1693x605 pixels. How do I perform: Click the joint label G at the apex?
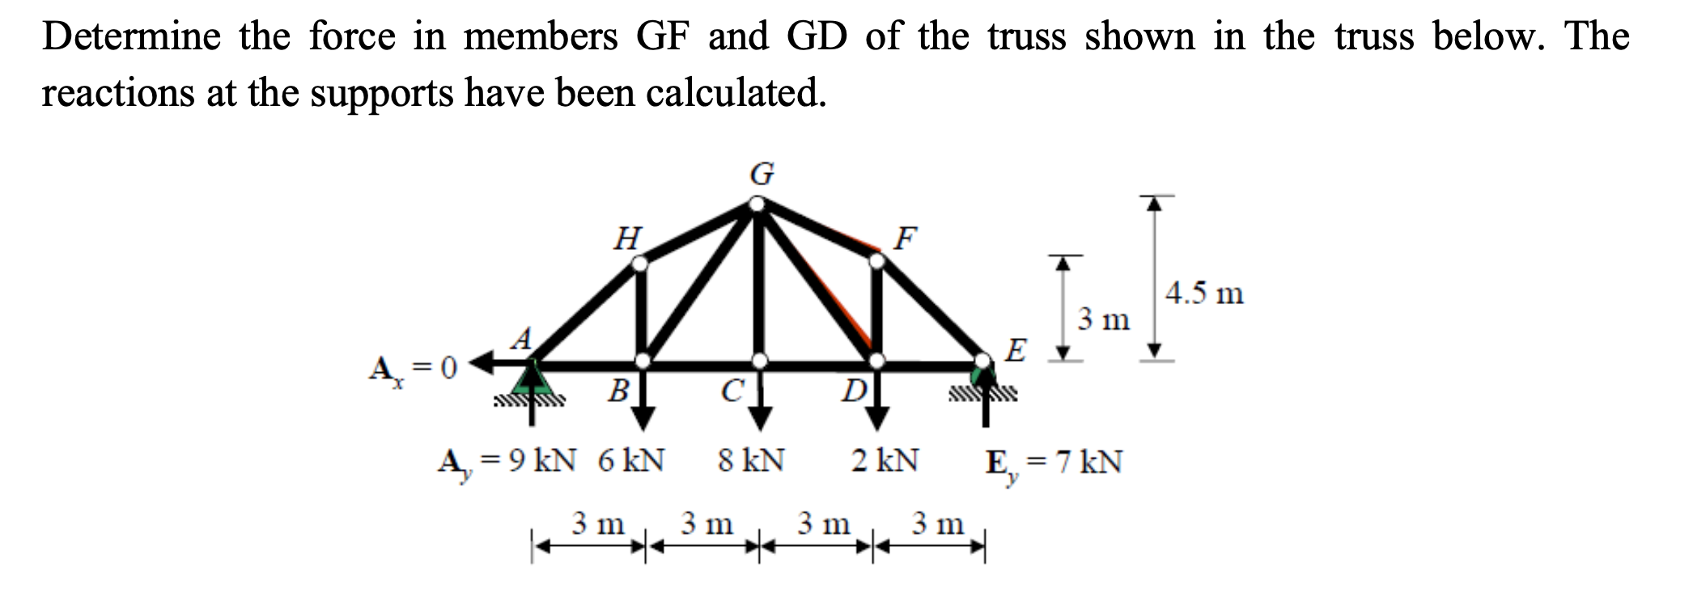point(762,173)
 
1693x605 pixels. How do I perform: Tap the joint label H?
point(628,239)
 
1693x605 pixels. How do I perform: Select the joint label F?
point(906,238)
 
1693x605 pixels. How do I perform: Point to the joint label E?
point(1016,351)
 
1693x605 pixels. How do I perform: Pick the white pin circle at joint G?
point(757,203)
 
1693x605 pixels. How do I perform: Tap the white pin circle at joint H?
point(639,264)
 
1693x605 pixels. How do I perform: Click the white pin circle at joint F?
point(876,261)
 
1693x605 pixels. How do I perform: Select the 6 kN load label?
point(631,461)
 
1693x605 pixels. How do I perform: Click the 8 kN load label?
point(751,461)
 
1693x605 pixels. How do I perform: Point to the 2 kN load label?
point(885,461)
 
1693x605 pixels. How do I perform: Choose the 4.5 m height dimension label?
point(1204,293)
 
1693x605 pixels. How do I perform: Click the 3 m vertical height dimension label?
point(1103,320)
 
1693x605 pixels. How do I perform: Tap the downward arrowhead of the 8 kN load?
point(759,419)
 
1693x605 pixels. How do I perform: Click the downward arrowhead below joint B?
point(643,419)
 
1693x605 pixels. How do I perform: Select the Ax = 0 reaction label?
point(413,370)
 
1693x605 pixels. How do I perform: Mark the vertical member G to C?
point(758,283)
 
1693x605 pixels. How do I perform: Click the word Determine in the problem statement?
point(131,36)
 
